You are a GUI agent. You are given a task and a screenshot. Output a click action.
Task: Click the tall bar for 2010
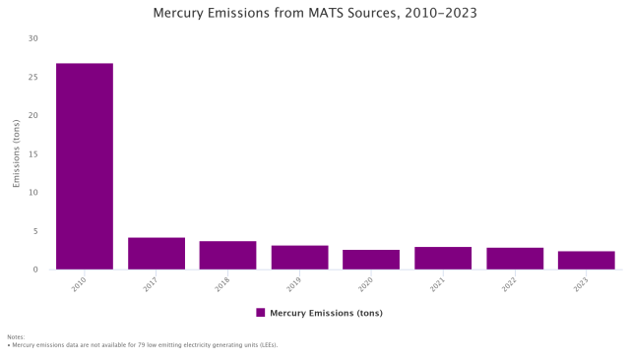pos(84,166)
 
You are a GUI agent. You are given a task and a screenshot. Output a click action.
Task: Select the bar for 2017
pos(156,254)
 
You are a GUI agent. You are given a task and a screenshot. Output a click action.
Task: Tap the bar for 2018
pos(227,256)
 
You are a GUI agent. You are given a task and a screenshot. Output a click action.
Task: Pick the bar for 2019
pos(299,258)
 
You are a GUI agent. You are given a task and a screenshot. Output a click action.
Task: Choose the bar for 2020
pos(371,260)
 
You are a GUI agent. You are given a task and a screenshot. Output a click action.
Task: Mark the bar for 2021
pos(442,258)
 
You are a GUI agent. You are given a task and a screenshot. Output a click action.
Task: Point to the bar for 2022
pos(514,259)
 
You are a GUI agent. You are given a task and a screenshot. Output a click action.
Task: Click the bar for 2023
pos(586,261)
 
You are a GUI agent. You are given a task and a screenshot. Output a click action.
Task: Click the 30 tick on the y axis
pos(33,38)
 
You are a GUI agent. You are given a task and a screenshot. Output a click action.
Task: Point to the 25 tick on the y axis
pos(33,77)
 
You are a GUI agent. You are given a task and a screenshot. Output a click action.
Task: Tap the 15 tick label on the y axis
pos(33,154)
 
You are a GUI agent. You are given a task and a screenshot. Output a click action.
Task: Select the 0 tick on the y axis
pos(35,270)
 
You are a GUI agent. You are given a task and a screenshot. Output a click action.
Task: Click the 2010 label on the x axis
pos(79,284)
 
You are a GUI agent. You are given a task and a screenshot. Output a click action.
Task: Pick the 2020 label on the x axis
pos(366,284)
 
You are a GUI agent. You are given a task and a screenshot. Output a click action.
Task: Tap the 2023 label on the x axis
pos(581,284)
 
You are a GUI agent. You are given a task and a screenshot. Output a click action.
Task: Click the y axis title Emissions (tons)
pos(16,154)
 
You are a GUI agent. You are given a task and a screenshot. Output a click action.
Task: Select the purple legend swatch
pos(261,313)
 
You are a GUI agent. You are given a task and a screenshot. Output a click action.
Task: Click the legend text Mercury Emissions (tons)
pos(326,313)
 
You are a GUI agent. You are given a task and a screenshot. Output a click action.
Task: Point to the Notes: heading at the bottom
pos(16,336)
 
